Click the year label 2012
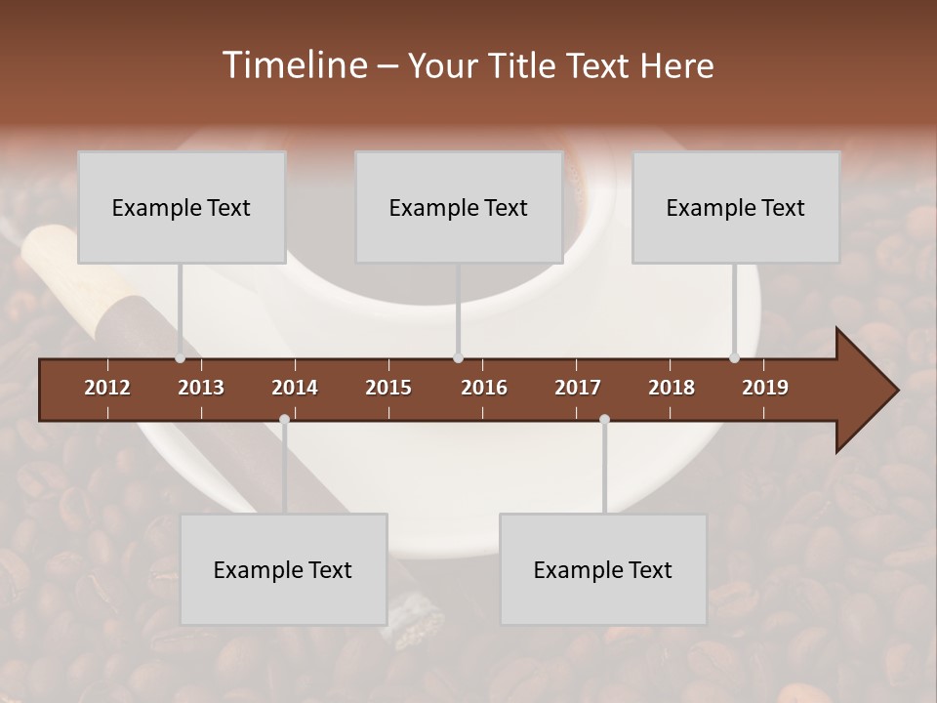coord(107,388)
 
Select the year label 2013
coord(201,388)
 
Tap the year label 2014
coord(295,388)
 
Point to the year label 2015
coord(388,388)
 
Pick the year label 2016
coord(484,388)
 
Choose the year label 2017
coord(578,388)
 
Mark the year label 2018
coord(672,388)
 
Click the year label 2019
coord(765,388)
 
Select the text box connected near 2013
coord(182,207)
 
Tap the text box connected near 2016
coord(459,207)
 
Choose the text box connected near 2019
coord(736,207)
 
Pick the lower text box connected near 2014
coord(283,569)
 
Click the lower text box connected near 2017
coord(603,569)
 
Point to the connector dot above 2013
coord(181,358)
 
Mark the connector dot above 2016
coord(459,358)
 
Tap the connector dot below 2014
coord(284,419)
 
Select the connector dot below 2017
coord(604,419)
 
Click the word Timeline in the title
coord(295,65)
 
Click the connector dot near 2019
coord(735,358)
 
